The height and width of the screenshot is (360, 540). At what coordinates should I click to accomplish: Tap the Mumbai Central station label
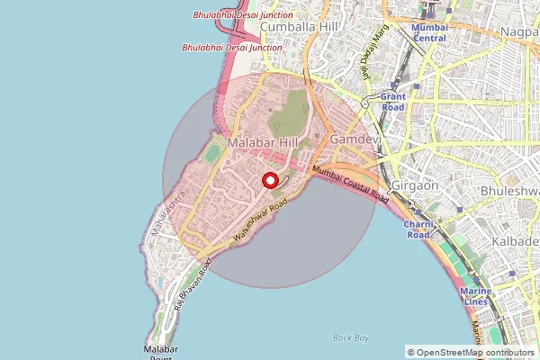(429, 32)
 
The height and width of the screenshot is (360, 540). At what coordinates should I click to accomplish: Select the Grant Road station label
(393, 101)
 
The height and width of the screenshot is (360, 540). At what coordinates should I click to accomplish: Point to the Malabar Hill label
(262, 143)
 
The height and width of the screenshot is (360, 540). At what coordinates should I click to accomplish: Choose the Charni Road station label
(418, 230)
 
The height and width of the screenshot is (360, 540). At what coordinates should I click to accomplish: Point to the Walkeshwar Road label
(259, 220)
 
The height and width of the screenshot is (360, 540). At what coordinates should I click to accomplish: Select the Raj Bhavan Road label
(193, 283)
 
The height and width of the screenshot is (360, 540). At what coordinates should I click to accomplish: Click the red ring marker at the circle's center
(269, 180)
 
